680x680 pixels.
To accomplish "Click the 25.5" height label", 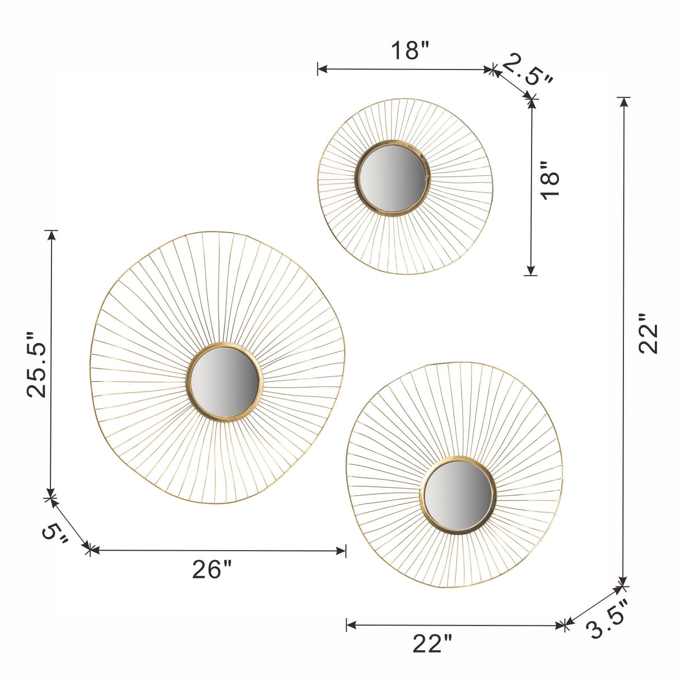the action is [x=36, y=365].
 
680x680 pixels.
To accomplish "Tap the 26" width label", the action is [x=212, y=569].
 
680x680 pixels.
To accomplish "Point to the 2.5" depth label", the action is [x=527, y=69].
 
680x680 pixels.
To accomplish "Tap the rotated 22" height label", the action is [x=649, y=333].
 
